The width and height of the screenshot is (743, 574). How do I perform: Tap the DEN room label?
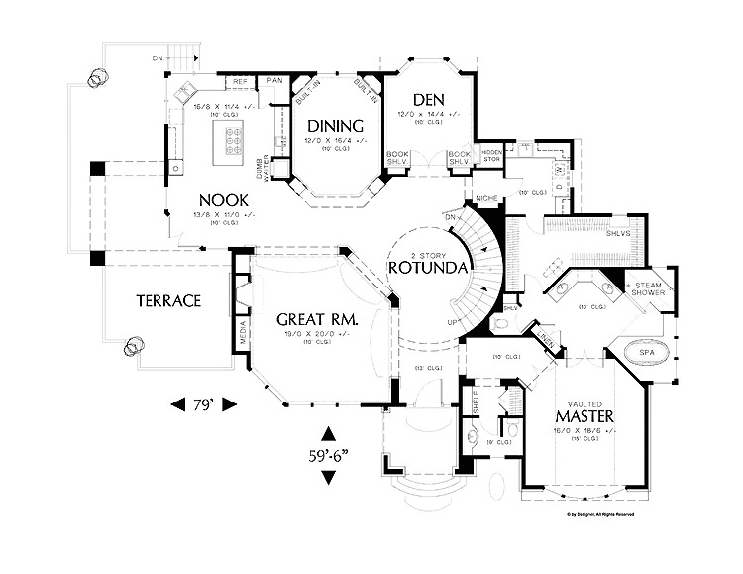pyautogui.click(x=426, y=99)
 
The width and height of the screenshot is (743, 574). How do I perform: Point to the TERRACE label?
pyautogui.click(x=169, y=300)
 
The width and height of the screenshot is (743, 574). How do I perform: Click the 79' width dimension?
pyautogui.click(x=203, y=404)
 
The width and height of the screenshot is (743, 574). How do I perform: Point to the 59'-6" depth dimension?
pyautogui.click(x=328, y=457)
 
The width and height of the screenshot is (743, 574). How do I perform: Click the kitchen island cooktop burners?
pyautogui.click(x=234, y=142)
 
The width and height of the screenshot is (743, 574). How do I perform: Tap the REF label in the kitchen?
pyautogui.click(x=240, y=81)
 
